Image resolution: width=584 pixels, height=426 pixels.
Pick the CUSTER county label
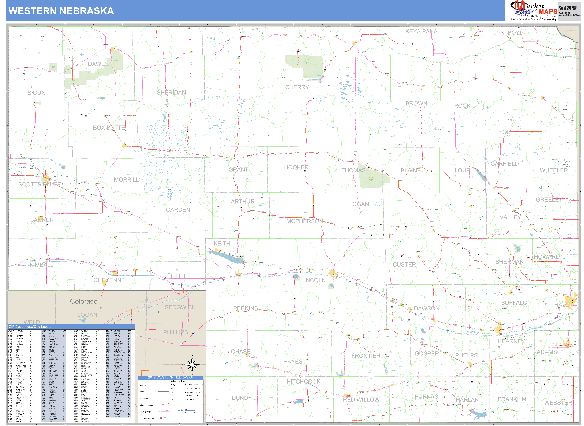point(404,265)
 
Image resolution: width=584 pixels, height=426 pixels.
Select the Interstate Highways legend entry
point(148,418)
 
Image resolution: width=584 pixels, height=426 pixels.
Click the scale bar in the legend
point(185,411)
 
